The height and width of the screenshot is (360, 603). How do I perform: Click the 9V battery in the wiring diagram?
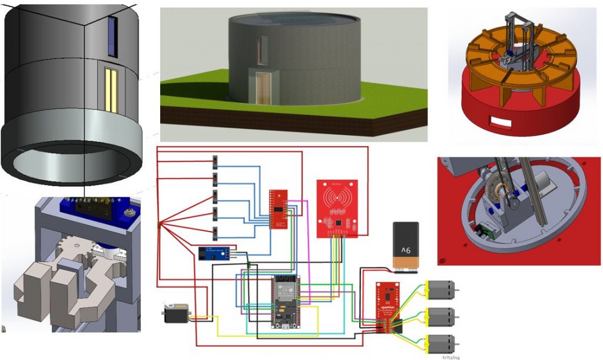point(406,247)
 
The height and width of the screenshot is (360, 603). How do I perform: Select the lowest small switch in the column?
point(214,233)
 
